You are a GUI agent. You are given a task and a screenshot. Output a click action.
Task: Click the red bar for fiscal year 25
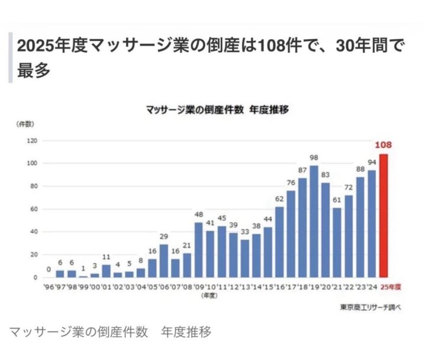[384, 216]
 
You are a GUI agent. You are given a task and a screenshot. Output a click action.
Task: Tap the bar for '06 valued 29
[164, 261]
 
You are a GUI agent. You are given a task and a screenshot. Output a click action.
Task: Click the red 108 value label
[384, 144]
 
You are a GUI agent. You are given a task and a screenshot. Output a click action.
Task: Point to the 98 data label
[314, 157]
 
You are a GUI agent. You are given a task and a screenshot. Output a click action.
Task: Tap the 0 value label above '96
[49, 269]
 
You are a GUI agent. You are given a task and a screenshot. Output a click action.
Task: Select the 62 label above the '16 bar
[279, 199]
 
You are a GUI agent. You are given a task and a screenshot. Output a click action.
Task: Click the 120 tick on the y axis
[31, 141]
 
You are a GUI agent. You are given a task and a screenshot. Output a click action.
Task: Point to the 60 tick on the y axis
[33, 209]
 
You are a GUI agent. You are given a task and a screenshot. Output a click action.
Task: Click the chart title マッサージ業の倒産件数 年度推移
[216, 110]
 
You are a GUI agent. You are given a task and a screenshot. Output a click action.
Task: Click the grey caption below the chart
[110, 332]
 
